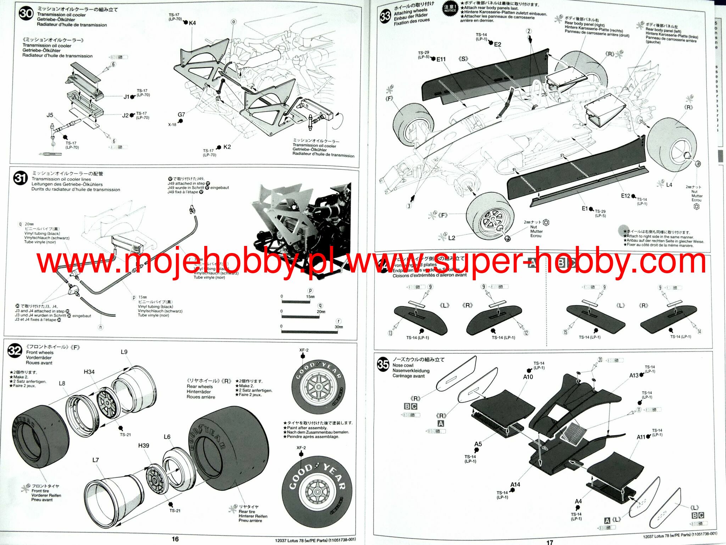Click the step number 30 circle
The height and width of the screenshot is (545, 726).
point(26,14)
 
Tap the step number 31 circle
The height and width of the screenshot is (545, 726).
point(20,178)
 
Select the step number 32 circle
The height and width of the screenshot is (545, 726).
point(15,351)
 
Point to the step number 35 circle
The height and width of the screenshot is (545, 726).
point(383,364)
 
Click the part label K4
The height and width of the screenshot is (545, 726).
point(192,23)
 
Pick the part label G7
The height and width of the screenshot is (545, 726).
point(181,114)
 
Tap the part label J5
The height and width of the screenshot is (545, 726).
point(50,115)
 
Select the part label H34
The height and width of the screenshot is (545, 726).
point(89,372)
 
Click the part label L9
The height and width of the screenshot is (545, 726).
point(124,352)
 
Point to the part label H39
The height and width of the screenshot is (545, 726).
point(143,445)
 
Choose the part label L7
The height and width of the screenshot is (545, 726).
point(95,460)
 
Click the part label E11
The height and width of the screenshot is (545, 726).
point(441,59)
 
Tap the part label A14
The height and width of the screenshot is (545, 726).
point(515,484)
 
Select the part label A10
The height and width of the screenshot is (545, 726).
point(528,377)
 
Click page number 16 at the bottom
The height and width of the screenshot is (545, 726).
point(175,539)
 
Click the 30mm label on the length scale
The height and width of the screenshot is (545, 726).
point(339,327)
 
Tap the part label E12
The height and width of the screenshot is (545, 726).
point(625,196)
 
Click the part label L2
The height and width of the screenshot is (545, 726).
point(451,238)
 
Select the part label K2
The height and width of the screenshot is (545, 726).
point(227,147)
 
